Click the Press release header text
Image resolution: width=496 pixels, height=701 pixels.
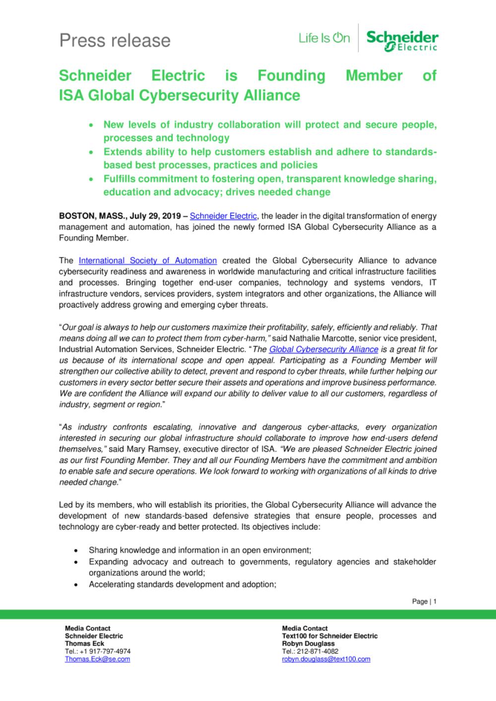point(115,40)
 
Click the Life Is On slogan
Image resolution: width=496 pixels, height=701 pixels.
point(324,38)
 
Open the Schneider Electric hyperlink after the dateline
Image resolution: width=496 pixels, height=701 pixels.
point(223,216)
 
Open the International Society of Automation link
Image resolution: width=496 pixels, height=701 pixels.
point(148,260)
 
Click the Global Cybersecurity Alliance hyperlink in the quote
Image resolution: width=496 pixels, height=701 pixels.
point(323,349)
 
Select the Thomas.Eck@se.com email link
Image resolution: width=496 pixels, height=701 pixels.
point(97,659)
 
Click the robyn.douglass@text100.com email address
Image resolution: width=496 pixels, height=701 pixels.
point(326,659)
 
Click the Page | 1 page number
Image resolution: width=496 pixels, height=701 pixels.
point(424,601)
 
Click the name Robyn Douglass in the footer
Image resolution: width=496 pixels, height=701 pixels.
point(308,643)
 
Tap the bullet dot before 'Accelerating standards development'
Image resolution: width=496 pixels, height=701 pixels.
point(75,584)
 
